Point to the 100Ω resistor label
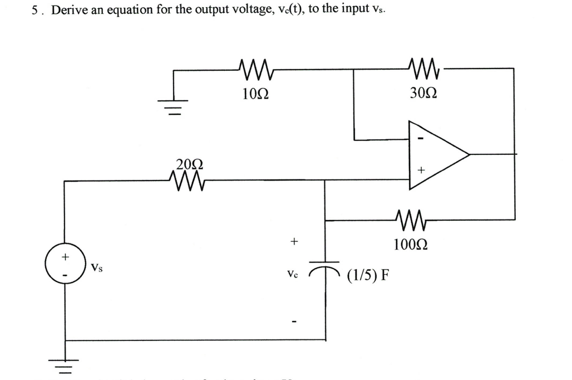pyautogui.click(x=411, y=244)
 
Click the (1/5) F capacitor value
pyautogui.click(x=368, y=275)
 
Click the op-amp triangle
pyautogui.click(x=436, y=153)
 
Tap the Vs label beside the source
pyautogui.click(x=96, y=268)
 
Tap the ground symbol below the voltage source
pyautogui.click(x=65, y=363)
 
